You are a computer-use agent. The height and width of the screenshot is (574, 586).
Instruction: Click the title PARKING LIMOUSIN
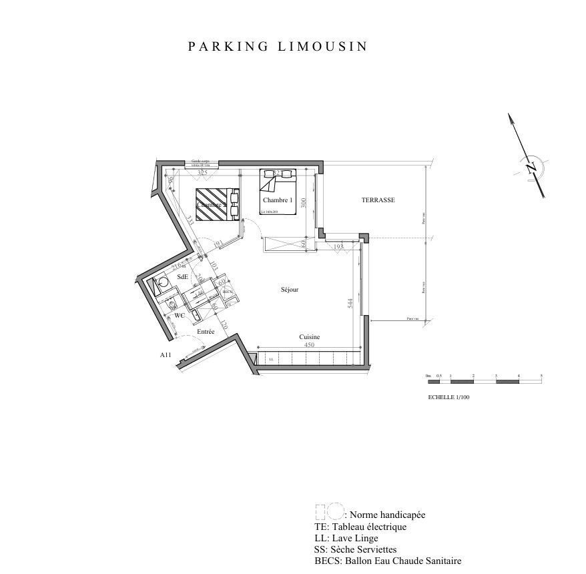[278, 47]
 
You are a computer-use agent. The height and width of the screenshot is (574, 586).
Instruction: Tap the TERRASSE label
[378, 200]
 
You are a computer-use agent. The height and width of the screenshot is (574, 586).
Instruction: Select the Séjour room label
[289, 290]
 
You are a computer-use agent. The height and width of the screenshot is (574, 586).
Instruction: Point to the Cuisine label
[309, 337]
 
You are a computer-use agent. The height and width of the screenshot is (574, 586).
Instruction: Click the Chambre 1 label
[277, 200]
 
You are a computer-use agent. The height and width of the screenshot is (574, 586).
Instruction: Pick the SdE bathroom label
[182, 276]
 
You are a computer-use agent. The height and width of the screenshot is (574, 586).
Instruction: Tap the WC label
[179, 314]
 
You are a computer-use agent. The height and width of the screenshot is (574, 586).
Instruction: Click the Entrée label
[205, 332]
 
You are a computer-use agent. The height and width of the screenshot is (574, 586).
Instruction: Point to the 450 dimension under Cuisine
[309, 346]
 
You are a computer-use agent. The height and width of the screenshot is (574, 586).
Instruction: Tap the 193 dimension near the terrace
[338, 247]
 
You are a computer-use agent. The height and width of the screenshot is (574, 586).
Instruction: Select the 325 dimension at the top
[203, 173]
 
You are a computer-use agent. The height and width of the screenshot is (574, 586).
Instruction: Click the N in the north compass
[531, 167]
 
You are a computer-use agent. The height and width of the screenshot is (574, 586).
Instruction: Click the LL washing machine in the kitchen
[271, 359]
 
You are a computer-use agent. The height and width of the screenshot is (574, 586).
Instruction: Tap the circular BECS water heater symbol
[227, 291]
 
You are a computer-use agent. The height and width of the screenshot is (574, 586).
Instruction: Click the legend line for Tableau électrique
[360, 527]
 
